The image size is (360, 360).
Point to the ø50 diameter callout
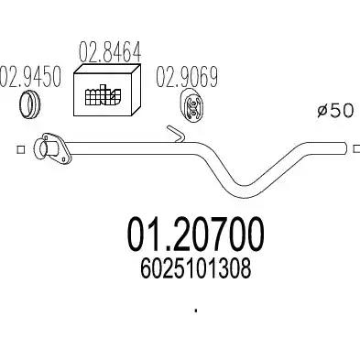coord(336,111)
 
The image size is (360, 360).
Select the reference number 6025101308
coord(194,273)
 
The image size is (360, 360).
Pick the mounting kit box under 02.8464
coord(107,93)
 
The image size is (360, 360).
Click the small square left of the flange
coord(20,147)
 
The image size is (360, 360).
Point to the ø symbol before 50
coord(322,111)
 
